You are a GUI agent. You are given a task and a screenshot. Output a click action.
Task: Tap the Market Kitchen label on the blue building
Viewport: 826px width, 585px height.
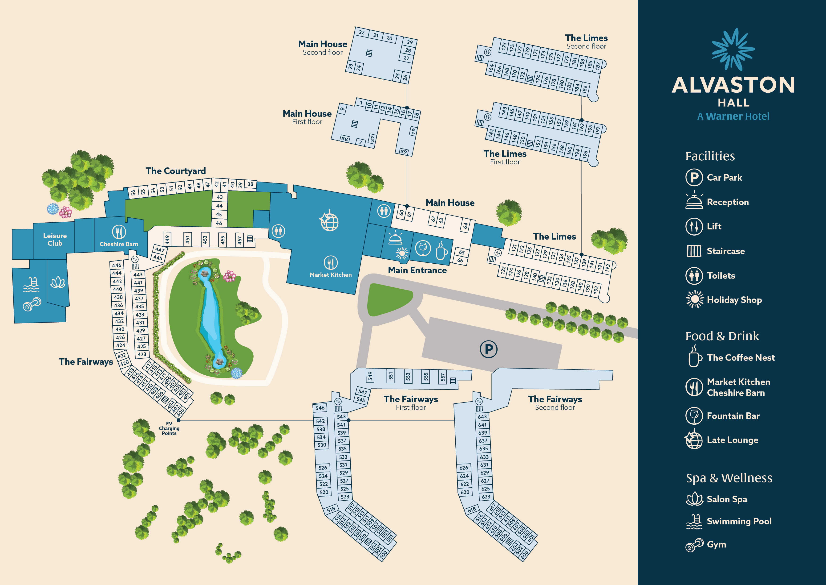330,274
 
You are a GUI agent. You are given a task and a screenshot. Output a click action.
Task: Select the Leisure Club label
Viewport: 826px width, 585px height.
55,240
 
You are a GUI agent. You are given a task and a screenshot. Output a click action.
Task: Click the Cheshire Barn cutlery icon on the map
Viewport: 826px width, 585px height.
119,232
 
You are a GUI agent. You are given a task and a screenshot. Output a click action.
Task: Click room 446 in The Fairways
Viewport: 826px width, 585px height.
117,265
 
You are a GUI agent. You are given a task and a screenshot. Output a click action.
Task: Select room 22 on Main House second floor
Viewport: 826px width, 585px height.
362,32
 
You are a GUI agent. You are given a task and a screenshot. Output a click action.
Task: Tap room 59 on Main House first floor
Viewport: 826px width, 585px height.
404,152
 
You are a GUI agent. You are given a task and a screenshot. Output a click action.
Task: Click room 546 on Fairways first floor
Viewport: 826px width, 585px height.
320,408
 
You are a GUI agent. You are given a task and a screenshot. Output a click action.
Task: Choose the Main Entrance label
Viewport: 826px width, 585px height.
417,270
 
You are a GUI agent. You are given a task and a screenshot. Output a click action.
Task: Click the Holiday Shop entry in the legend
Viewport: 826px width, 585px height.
734,300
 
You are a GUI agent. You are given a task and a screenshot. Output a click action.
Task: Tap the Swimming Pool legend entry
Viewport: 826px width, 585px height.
739,521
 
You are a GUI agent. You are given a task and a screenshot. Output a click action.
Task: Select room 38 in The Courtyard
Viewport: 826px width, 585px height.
250,184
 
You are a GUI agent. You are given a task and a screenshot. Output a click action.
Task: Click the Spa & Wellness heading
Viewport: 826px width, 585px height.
729,478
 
